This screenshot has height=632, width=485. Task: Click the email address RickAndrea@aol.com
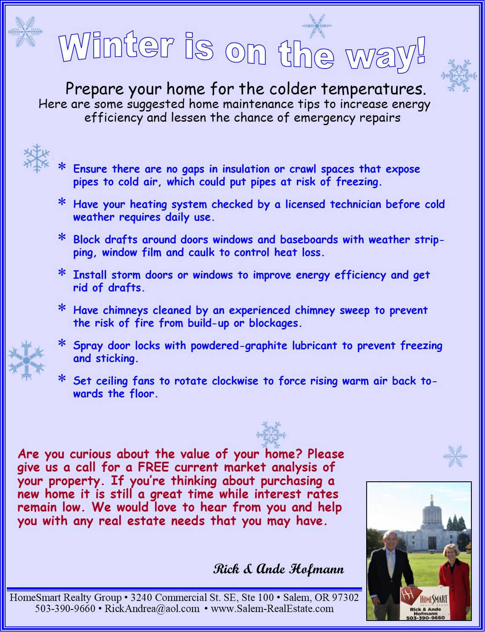(152, 609)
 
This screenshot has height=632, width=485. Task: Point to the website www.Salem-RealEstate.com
(272, 609)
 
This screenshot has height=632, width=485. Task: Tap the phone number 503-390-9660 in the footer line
(65, 609)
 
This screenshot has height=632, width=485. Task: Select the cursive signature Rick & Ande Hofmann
(278, 569)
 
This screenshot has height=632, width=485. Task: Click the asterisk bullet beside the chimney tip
(62, 308)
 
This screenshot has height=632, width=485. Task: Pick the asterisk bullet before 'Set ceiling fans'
(62, 378)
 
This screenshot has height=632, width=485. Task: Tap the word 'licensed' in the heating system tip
(305, 204)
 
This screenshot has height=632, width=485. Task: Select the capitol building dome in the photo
(432, 515)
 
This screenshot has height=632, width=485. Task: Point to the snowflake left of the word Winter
(26, 31)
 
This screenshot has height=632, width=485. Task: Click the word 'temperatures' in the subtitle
(373, 89)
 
